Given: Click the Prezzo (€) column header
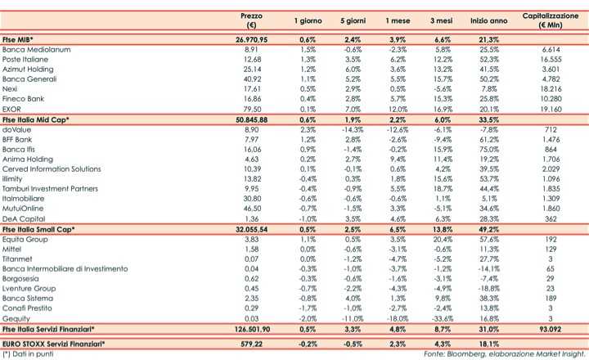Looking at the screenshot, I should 252,20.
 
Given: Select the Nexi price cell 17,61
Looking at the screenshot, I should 252,89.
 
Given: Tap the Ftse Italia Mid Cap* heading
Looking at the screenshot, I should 37,119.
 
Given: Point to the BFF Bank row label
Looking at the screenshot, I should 22,139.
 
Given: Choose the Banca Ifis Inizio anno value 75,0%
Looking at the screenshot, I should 490,149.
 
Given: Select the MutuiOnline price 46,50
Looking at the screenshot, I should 252,209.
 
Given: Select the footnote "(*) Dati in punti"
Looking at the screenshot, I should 29,354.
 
